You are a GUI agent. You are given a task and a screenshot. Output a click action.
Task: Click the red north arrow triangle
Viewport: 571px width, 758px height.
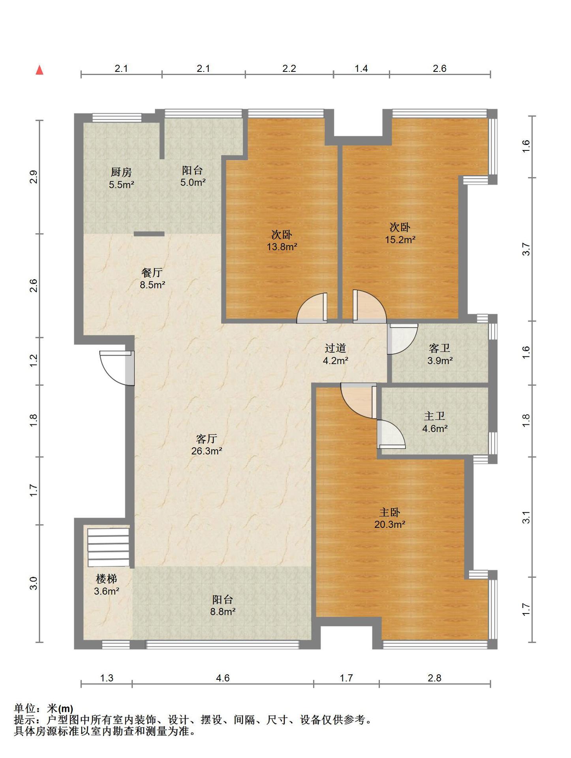(x=39, y=70)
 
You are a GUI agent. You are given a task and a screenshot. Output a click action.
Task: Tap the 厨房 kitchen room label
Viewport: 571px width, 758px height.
(x=121, y=172)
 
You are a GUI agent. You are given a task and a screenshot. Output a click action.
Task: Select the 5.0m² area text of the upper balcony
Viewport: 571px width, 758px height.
(x=193, y=182)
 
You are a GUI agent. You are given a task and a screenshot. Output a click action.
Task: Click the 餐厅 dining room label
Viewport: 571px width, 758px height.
(x=152, y=272)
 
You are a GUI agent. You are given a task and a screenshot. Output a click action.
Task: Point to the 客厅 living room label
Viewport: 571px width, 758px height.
(x=207, y=439)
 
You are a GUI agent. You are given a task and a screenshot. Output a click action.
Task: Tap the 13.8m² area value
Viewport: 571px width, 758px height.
(x=282, y=247)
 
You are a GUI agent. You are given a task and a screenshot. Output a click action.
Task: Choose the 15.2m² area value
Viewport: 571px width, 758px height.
(x=400, y=240)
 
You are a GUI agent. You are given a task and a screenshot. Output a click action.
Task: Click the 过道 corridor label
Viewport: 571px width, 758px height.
(x=335, y=348)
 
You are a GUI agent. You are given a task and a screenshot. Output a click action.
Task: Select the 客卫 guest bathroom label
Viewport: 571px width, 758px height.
(x=440, y=348)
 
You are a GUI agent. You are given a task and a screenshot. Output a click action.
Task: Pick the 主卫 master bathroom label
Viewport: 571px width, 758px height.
(x=434, y=416)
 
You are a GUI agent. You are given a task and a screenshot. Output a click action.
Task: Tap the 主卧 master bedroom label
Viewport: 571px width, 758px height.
(x=389, y=512)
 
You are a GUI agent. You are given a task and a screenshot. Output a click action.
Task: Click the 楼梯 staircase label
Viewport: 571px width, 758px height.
(x=106, y=579)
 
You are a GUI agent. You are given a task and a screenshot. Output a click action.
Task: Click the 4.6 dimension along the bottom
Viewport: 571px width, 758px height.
(x=223, y=678)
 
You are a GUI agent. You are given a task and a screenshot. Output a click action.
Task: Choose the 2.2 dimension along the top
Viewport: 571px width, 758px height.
(x=289, y=69)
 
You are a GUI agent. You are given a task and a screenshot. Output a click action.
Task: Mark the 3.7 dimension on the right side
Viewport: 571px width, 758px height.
(x=526, y=250)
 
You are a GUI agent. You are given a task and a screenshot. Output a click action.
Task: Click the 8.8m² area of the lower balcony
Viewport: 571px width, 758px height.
(x=223, y=612)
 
